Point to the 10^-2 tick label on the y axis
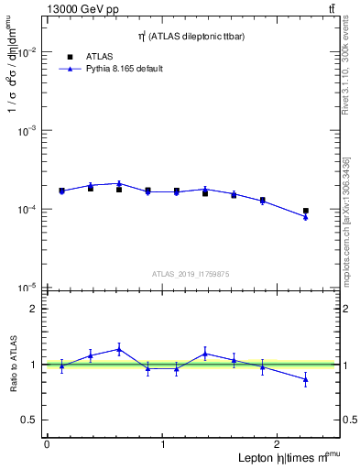(27, 52)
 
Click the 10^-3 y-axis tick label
(27, 131)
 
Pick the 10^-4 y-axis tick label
(27, 210)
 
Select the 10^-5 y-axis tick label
(27, 288)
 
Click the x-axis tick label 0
(47, 444)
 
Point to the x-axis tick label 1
(163, 444)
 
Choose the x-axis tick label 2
(279, 444)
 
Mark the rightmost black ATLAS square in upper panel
(306, 211)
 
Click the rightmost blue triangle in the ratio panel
(306, 378)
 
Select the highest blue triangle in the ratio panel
(119, 349)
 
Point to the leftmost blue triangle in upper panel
(61, 191)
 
